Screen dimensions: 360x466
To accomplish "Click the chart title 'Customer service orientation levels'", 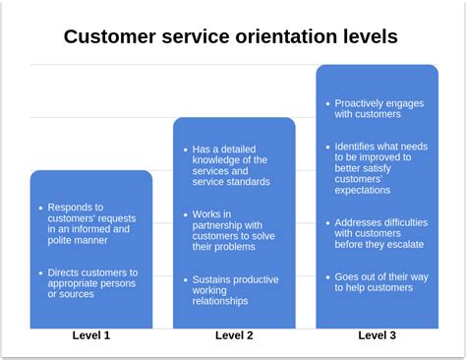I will [231, 37].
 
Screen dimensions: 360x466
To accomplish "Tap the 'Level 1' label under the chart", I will [91, 336].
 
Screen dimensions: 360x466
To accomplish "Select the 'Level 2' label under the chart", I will [234, 336].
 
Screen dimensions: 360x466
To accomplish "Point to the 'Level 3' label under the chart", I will [378, 336].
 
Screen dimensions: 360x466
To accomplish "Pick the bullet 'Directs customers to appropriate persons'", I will [93, 282].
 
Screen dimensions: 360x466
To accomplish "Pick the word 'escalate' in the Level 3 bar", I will [403, 244].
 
